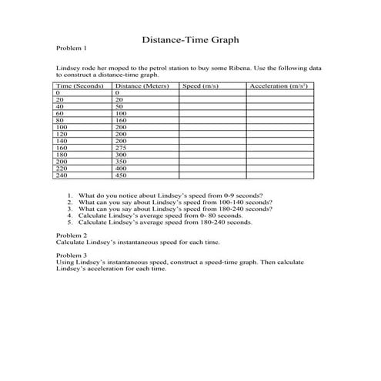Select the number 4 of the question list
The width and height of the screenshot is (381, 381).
click(x=70, y=216)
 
